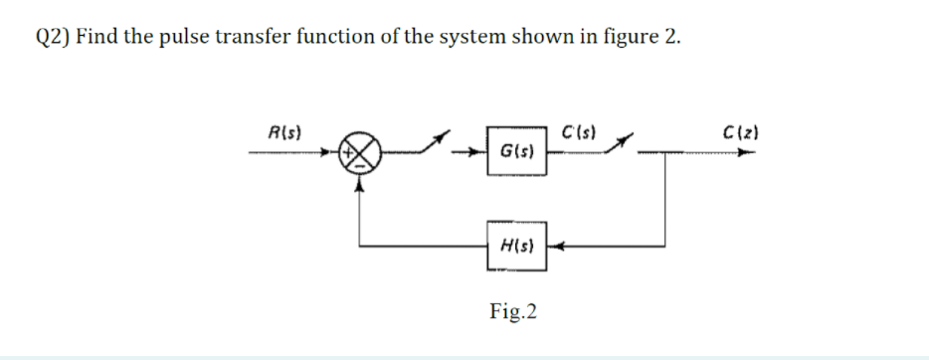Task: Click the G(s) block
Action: click(x=516, y=153)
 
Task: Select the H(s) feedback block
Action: click(x=516, y=245)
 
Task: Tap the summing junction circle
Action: click(x=362, y=154)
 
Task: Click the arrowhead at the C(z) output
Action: click(x=745, y=154)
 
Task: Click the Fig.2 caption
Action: click(x=514, y=312)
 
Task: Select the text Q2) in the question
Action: click(x=51, y=38)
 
